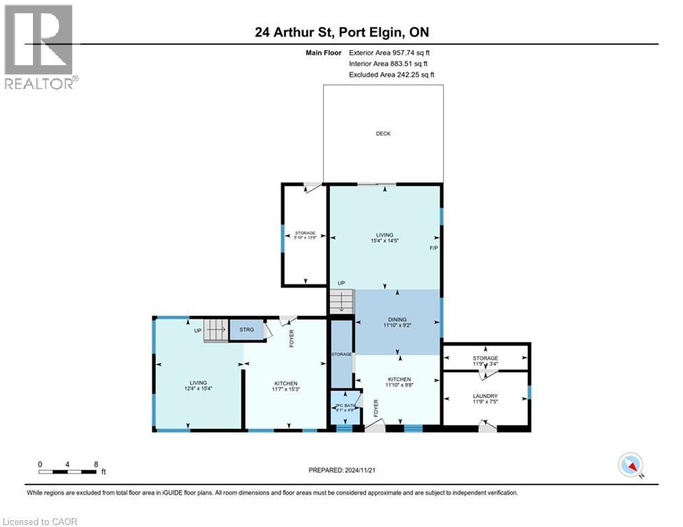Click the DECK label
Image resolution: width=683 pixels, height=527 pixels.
point(383,134)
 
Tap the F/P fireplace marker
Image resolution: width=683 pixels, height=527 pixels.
point(434,248)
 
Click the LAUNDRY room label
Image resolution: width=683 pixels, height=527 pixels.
point(485,396)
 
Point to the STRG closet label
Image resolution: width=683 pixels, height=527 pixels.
point(246,331)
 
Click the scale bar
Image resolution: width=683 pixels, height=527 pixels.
point(67,471)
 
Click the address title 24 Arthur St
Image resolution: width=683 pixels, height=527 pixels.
point(341,32)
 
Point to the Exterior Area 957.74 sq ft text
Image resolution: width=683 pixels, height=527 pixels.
point(390,52)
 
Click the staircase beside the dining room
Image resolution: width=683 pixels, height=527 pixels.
point(340,301)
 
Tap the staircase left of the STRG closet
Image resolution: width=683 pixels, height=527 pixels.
point(216,331)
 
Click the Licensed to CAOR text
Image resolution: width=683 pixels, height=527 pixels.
point(41,522)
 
